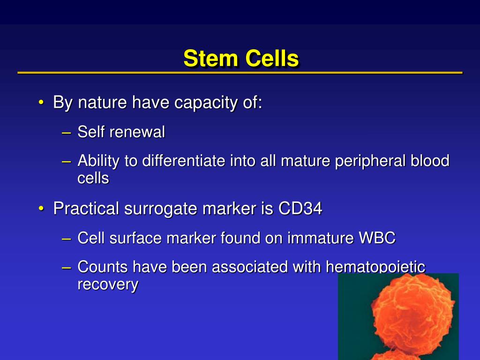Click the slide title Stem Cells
240,59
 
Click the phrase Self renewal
121,132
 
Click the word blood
429,161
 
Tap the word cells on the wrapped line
93,178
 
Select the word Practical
86,208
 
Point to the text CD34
300,208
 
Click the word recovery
107,285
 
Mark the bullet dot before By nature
42,103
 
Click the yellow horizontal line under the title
240,73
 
